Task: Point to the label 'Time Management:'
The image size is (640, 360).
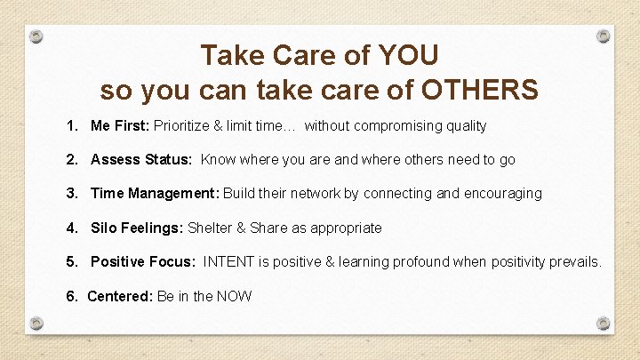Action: pos(155,194)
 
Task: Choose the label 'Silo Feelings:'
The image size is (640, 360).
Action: pos(137,228)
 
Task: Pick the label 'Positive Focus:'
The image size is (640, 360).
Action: pos(142,261)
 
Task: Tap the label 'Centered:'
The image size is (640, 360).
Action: pos(120,296)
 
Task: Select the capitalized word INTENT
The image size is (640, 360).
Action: pos(229,261)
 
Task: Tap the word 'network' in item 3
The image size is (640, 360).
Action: pos(318,194)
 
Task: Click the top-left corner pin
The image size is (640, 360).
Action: pos(36,37)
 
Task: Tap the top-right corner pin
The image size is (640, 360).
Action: pos(603,36)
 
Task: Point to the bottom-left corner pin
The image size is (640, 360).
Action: pos(36,323)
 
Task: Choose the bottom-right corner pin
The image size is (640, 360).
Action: pos(603,323)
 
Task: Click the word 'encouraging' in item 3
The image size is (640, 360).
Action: pos(502,194)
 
